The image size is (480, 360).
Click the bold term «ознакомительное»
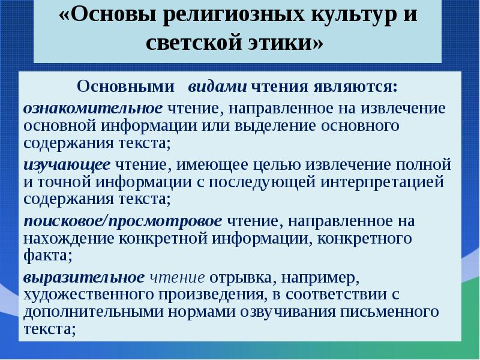pyautogui.click(x=93, y=108)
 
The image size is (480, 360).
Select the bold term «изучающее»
pyautogui.click(x=67, y=164)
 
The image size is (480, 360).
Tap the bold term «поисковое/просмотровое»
pyautogui.click(x=123, y=221)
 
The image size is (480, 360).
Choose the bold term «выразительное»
pyautogui.click(x=84, y=278)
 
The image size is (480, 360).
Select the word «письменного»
pyautogui.click(x=383, y=312)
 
